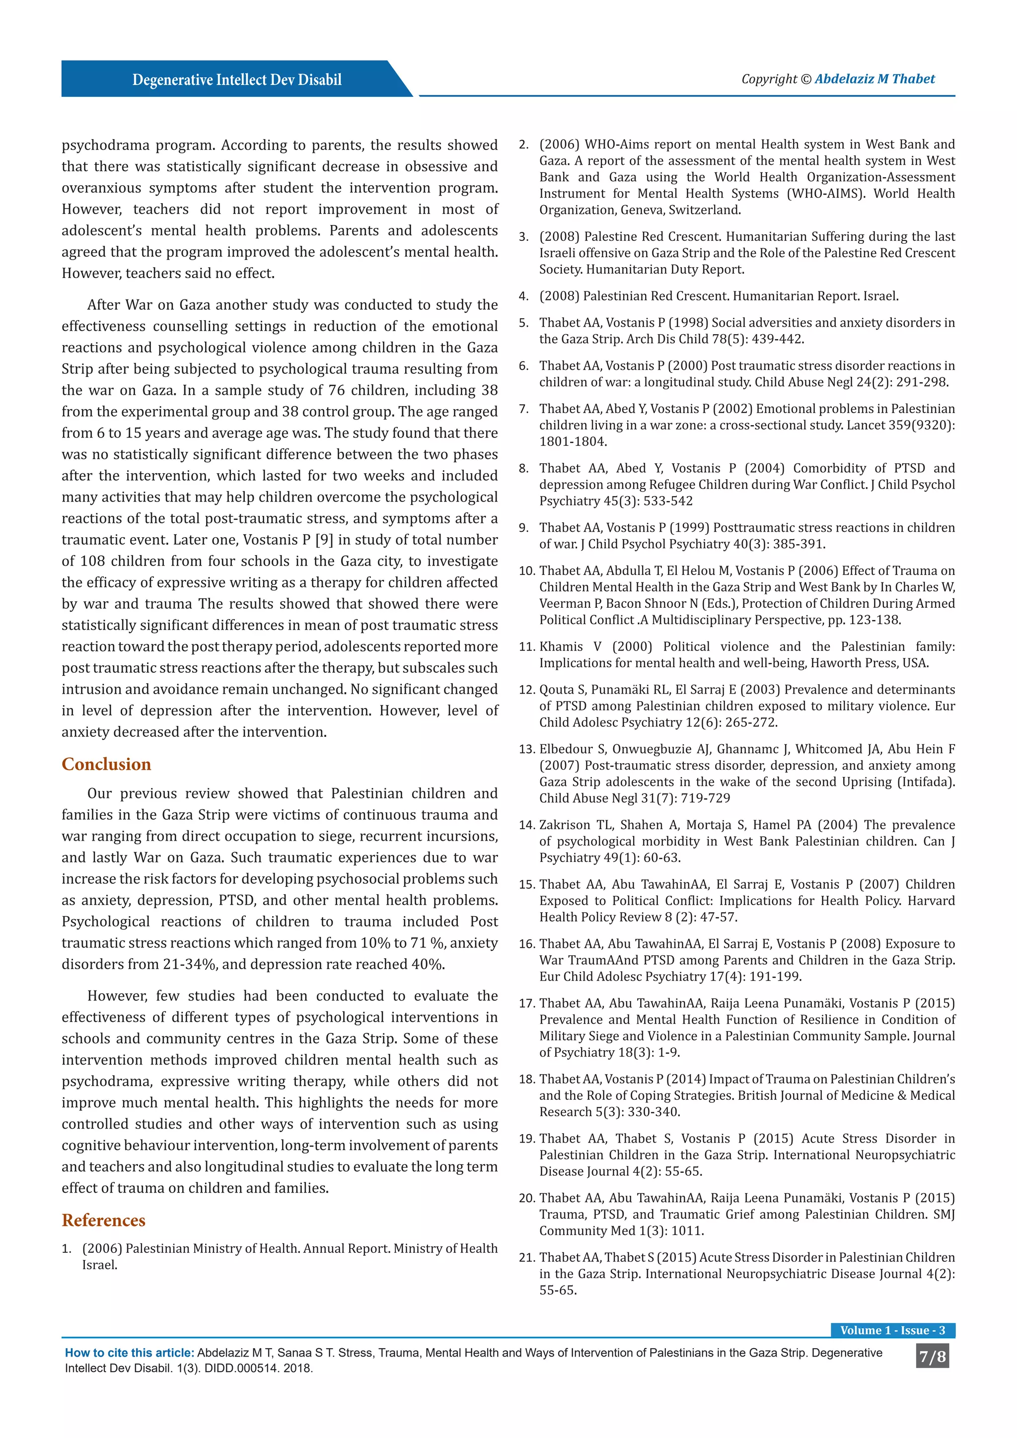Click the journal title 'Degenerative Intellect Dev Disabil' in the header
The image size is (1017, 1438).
click(237, 79)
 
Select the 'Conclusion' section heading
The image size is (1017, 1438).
click(106, 764)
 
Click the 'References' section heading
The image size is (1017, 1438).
click(103, 1220)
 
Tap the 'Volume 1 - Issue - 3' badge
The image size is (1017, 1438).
click(892, 1330)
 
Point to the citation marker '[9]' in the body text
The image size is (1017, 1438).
click(324, 540)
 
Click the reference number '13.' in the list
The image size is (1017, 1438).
click(527, 749)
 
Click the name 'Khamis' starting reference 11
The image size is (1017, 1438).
click(562, 647)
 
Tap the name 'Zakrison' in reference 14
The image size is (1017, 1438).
click(567, 825)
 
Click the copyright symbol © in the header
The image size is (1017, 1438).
click(805, 79)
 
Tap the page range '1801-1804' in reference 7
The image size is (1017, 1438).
click(573, 441)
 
